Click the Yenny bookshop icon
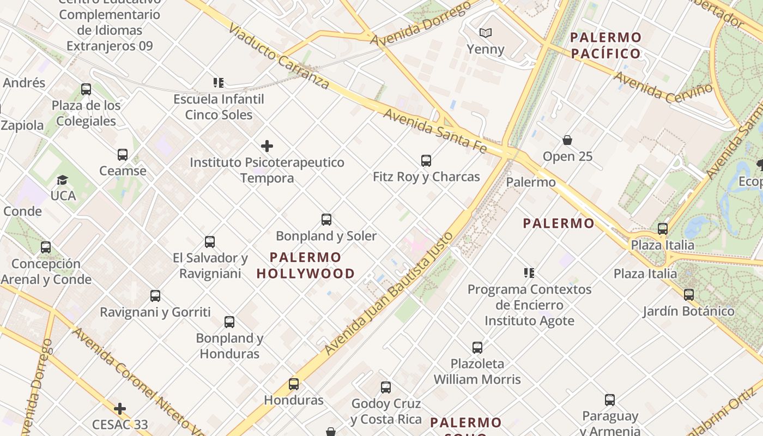[x=485, y=33]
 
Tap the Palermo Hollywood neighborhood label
[x=305, y=265]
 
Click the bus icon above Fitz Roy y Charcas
[x=426, y=161]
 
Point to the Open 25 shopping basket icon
[x=567, y=140]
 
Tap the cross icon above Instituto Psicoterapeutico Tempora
[x=267, y=146]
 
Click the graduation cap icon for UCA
[x=63, y=180]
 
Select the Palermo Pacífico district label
[x=605, y=46]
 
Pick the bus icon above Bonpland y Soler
[x=326, y=220]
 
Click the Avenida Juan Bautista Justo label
[x=389, y=294]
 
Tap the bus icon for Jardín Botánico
[x=689, y=295]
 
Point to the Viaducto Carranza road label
[x=278, y=56]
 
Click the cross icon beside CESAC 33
[x=120, y=409]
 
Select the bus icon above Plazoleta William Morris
[x=477, y=347]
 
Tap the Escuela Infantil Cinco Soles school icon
[x=219, y=83]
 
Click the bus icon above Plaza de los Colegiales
[x=86, y=89]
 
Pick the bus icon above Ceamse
[x=123, y=155]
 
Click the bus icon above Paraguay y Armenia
[x=610, y=400]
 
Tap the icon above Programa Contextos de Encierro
[x=529, y=272]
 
